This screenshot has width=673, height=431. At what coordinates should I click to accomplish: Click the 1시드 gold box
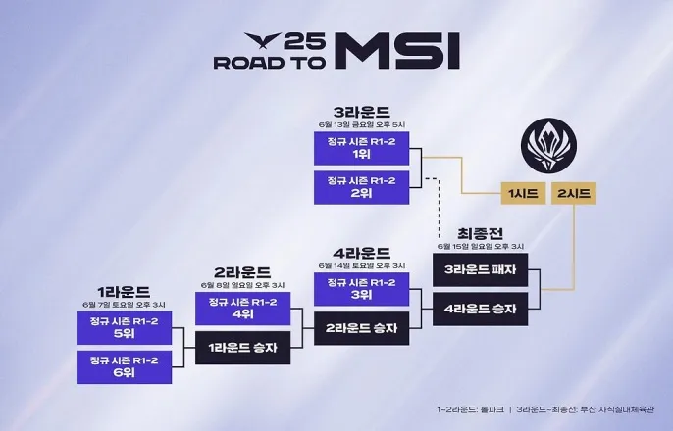coord(523,194)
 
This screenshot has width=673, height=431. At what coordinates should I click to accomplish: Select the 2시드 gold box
coord(572,194)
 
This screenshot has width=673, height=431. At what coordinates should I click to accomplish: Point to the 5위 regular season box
coord(124,328)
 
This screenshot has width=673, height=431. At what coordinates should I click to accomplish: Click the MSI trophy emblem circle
coord(546,143)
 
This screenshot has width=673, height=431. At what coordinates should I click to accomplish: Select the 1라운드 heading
coord(124,291)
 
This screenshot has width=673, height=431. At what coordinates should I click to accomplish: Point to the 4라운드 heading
coord(360,252)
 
